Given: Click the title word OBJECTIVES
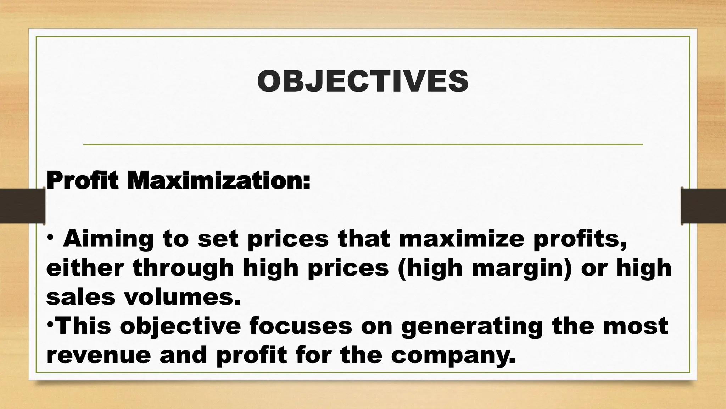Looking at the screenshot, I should [x=363, y=81].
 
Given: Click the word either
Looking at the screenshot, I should [x=85, y=268].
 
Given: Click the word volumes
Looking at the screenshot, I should [x=182, y=297].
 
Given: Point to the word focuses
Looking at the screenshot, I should [x=301, y=326].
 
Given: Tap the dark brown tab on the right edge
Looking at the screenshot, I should [x=704, y=206].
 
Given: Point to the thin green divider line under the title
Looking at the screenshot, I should [x=363, y=144].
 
